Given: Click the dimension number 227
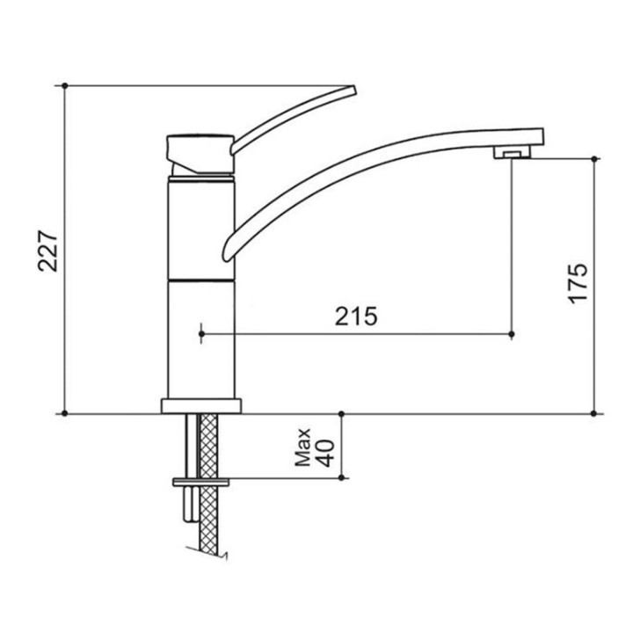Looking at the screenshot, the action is (x=48, y=251).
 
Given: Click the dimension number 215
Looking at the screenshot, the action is (x=356, y=316).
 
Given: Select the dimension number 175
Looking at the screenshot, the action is (x=578, y=284).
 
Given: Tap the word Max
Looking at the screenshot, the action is (x=302, y=447).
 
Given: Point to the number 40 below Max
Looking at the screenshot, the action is (x=326, y=453).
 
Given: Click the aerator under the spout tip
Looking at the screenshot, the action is (x=512, y=152).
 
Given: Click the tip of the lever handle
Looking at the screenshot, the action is (x=353, y=91).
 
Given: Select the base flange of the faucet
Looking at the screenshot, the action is (x=201, y=406).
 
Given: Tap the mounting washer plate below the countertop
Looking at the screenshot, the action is (x=200, y=482).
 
